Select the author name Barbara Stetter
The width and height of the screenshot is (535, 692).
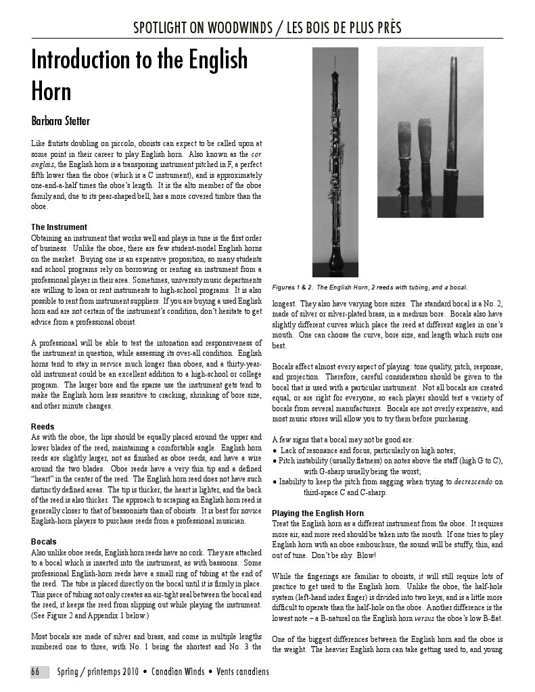pyautogui.click(x=60, y=122)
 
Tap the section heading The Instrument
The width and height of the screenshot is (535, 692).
pyautogui.click(x=59, y=227)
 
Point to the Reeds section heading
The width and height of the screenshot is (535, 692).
pyautogui.click(x=43, y=427)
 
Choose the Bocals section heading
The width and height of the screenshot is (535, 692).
pyautogui.click(x=44, y=542)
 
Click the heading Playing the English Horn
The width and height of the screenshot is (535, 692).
pyautogui.click(x=317, y=513)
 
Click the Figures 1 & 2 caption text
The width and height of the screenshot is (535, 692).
pyautogui.click(x=369, y=287)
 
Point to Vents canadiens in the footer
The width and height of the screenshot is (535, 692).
pyautogui.click(x=242, y=672)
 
